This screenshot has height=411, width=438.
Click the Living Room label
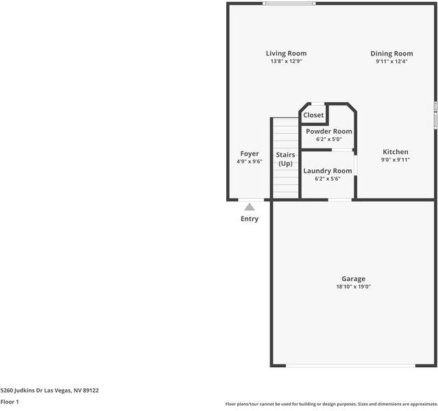point(286,53)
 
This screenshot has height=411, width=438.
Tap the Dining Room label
point(391,53)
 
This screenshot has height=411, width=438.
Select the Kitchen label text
point(396,152)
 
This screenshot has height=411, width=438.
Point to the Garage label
point(353,279)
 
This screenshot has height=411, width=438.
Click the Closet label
point(313,115)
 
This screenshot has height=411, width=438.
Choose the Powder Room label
point(329,131)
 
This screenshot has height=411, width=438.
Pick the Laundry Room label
point(328,171)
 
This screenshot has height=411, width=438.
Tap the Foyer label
point(250,153)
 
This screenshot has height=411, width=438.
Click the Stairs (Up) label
point(285,159)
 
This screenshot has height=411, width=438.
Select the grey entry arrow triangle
point(250,206)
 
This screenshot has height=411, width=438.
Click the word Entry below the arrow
point(250,219)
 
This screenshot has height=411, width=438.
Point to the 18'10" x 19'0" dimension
point(353,287)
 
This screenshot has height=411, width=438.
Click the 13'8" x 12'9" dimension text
point(286,62)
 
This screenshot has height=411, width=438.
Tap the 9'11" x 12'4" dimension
point(391,62)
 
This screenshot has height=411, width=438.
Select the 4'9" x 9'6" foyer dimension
point(250,162)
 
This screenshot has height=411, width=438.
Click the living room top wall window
point(289,3)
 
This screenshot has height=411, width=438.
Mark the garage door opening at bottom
point(350,365)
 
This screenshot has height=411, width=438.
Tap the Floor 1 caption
point(10,402)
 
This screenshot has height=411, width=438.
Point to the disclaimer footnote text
point(330,404)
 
